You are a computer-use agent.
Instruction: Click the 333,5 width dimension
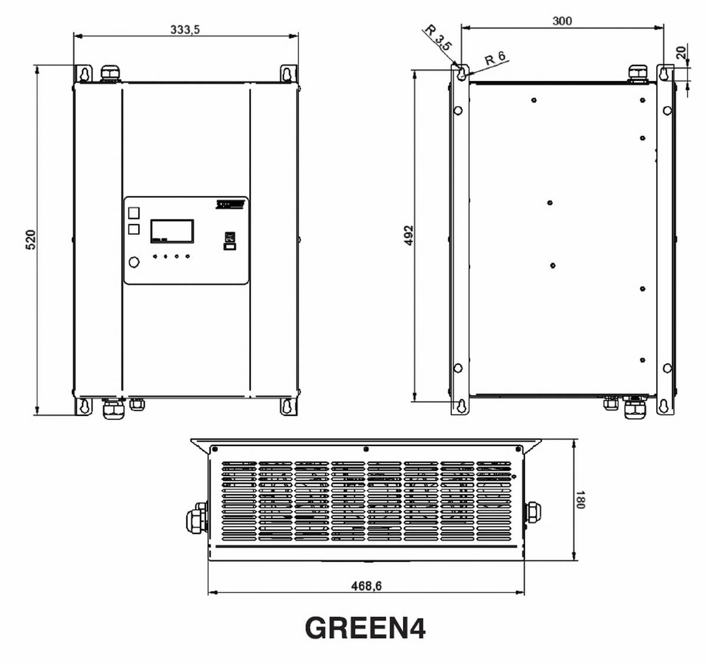pos(185,29)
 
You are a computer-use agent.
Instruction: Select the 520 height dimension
pos(31,239)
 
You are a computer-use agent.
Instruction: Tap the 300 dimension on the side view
pos(562,21)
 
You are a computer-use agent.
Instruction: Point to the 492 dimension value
pos(408,235)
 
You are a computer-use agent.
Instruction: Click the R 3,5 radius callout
pos(438,38)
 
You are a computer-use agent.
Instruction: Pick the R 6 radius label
pos(494,58)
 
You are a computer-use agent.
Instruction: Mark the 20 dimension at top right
pos(682,52)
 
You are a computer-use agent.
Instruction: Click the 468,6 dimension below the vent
pos(366,586)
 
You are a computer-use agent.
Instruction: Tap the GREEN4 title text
pos(365,628)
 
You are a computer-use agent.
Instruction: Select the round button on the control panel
pos(134,262)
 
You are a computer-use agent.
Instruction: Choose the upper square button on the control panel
pos(134,212)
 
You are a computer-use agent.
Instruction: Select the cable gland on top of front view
pos(110,74)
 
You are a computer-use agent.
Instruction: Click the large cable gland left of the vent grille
pos(196,520)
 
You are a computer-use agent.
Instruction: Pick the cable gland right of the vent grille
pos(533,511)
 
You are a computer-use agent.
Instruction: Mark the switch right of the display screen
pos(229,241)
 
